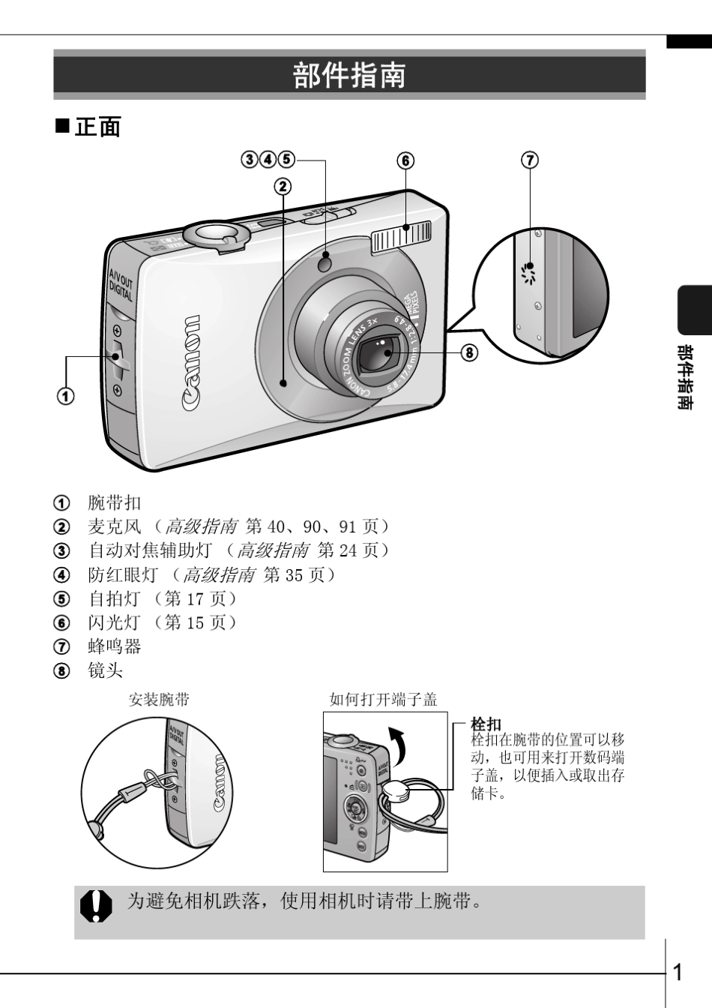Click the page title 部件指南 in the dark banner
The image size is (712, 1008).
(349, 76)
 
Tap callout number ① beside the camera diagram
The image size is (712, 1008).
(66, 396)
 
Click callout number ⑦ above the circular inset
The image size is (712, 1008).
(530, 160)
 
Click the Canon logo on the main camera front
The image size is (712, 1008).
(193, 354)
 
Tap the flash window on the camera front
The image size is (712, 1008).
(402, 237)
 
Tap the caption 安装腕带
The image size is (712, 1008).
(160, 700)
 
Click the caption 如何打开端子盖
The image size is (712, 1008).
(383, 700)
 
